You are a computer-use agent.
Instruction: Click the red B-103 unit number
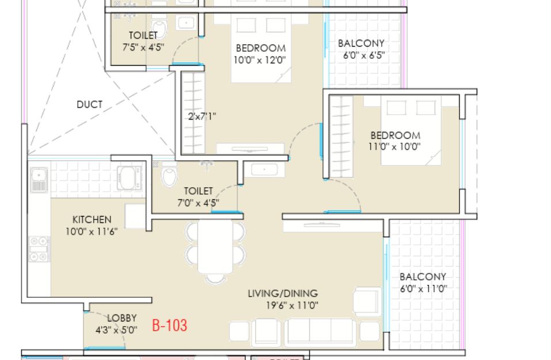pos(169,325)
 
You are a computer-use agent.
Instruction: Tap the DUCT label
pos(90,104)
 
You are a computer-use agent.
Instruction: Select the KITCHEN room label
pos(92,219)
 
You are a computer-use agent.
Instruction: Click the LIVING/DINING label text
pos(283,293)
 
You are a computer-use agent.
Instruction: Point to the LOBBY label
pos(121,318)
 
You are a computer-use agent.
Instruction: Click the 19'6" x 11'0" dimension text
pos(292,305)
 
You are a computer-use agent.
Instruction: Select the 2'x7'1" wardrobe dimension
pos(202,116)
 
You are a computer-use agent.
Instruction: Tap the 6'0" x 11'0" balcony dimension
pos(423,289)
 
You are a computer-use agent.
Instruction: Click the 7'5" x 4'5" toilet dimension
pos(143,47)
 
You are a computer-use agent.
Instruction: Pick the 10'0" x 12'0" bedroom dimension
pos(260,60)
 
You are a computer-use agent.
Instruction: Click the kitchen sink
pos(39,179)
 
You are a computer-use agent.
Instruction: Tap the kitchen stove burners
pos(39,249)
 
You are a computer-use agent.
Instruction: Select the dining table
pos(215,246)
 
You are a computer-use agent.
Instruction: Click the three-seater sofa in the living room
pos(320,332)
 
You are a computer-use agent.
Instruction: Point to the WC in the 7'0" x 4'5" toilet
pos(169,175)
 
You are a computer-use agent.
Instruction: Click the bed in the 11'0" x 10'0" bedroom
pos(411,130)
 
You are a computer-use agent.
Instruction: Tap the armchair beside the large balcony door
pos(367,301)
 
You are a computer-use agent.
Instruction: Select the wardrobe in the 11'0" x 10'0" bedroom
pos(341,137)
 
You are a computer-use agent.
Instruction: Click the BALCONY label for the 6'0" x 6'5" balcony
pos(361,43)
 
